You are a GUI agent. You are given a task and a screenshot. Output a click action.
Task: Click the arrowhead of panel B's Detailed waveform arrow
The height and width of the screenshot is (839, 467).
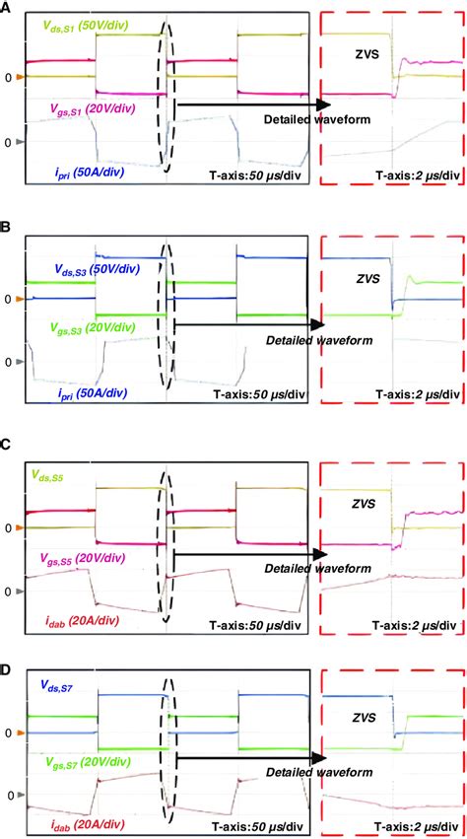[318, 323]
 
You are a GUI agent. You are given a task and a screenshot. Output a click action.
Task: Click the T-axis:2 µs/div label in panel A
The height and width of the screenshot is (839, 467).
[417, 175]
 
